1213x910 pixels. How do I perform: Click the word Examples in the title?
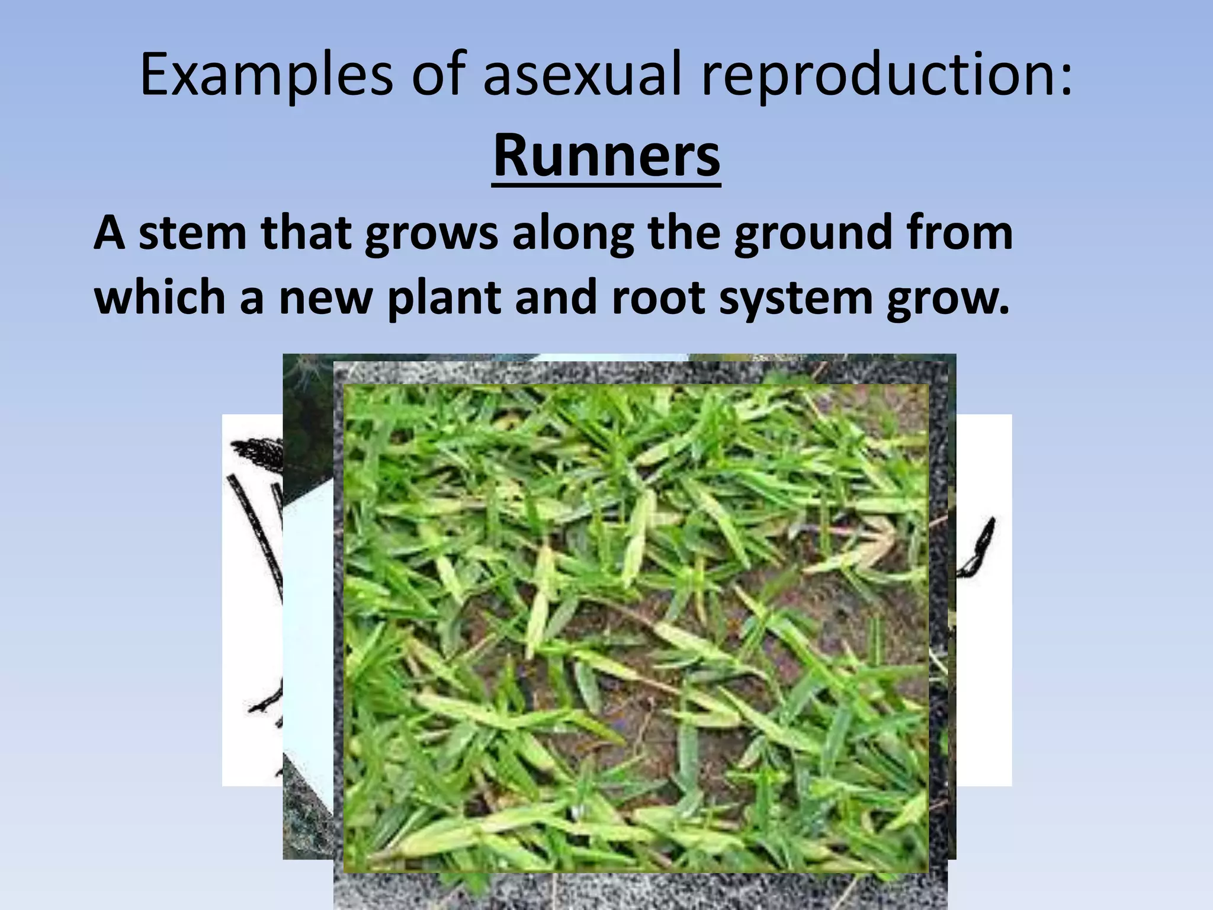[x=266, y=75]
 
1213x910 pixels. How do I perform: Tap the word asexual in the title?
[x=582, y=75]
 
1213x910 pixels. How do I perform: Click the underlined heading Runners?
[x=606, y=156]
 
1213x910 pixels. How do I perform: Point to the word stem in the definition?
[x=193, y=233]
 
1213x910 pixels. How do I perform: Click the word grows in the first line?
[x=431, y=233]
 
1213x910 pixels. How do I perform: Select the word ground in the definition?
[x=813, y=233]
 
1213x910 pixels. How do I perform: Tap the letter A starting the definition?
[x=109, y=233]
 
